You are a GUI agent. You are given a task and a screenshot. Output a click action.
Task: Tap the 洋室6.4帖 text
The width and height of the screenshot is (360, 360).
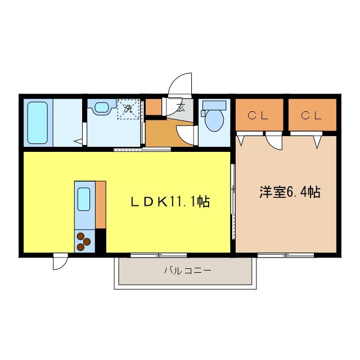[x=290, y=192]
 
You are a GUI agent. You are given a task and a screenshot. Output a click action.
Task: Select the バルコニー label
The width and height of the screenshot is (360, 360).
[x=188, y=271]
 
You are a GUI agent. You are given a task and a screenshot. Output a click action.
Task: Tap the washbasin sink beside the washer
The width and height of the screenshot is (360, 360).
[x=102, y=107]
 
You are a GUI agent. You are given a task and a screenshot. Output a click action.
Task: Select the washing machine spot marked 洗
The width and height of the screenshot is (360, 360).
[x=128, y=108]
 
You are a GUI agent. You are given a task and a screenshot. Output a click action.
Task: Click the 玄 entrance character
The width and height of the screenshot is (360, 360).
[x=180, y=108]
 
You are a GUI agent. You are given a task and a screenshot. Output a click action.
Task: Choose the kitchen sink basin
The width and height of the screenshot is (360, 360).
[x=83, y=197]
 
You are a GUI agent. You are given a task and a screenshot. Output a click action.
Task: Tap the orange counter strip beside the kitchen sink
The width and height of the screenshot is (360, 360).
[x=101, y=204]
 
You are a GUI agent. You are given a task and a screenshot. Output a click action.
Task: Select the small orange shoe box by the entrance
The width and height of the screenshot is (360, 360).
[x=153, y=107]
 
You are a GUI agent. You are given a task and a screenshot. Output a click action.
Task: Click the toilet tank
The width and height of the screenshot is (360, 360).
[x=214, y=105]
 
